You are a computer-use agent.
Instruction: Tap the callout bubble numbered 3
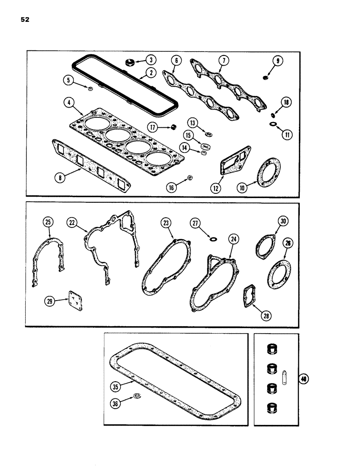151,60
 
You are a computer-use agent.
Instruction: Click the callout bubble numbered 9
279,60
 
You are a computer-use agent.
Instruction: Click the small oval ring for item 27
214,240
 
